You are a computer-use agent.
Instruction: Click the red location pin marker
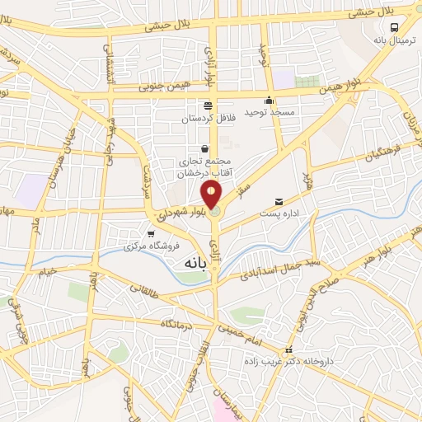[211, 195]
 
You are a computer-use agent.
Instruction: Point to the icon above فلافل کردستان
[208, 105]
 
